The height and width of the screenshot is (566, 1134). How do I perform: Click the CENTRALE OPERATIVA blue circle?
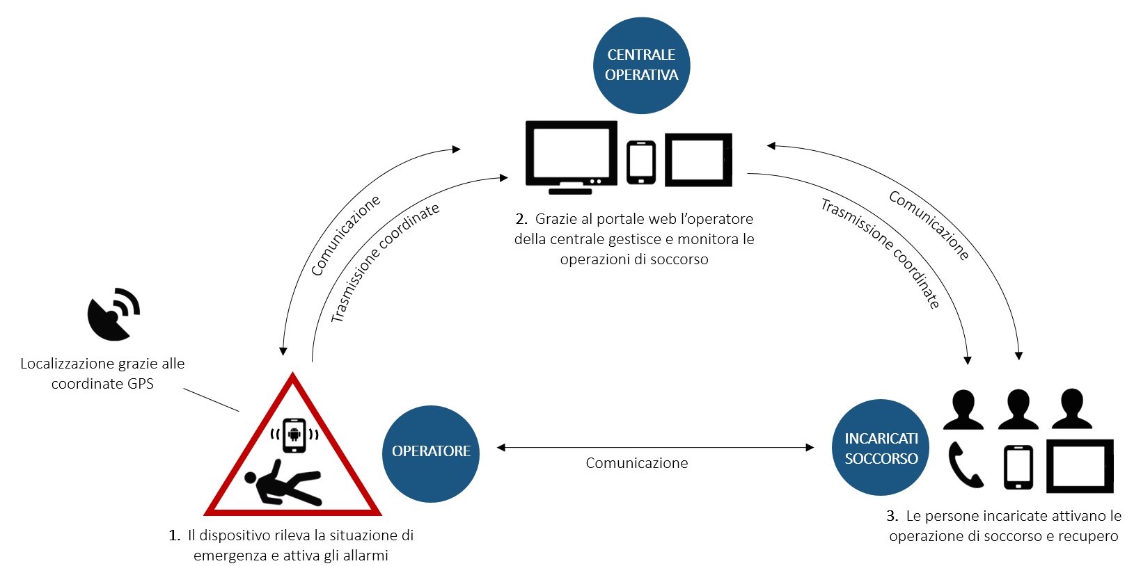click(x=641, y=65)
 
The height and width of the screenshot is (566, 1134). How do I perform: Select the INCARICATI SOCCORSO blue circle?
click(x=881, y=448)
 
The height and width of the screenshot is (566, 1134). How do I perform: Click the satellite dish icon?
click(x=113, y=314)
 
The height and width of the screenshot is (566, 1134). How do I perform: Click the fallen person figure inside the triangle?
click(x=282, y=481)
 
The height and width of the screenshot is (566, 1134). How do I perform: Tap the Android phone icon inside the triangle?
click(x=294, y=435)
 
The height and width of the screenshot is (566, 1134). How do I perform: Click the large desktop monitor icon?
click(x=571, y=156)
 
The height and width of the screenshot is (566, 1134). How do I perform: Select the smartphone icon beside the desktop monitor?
click(x=640, y=163)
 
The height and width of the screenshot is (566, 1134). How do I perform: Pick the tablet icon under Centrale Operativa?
click(x=698, y=160)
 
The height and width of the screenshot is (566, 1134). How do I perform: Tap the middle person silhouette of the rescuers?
click(x=1018, y=410)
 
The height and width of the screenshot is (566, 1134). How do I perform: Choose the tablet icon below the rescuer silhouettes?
click(x=1080, y=466)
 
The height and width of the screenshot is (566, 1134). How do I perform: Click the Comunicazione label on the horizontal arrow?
click(x=636, y=463)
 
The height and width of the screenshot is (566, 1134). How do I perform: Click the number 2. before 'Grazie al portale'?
click(x=521, y=219)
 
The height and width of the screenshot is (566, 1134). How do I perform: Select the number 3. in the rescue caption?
click(x=892, y=516)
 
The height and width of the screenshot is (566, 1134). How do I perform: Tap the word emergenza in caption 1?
click(x=230, y=556)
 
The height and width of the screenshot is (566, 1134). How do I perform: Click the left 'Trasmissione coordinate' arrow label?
click(x=384, y=263)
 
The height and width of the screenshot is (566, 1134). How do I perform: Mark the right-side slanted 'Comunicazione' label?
click(x=929, y=225)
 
